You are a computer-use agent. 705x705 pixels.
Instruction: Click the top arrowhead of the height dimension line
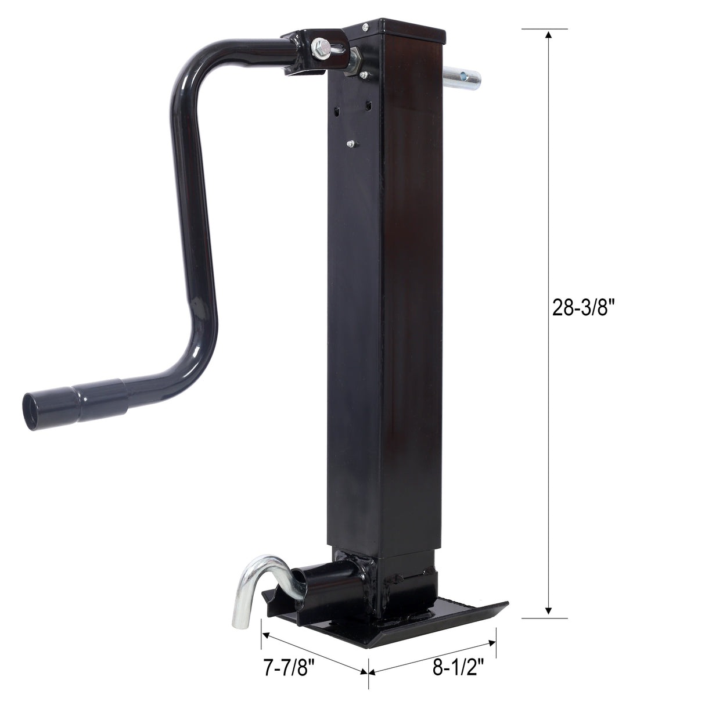(548, 35)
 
